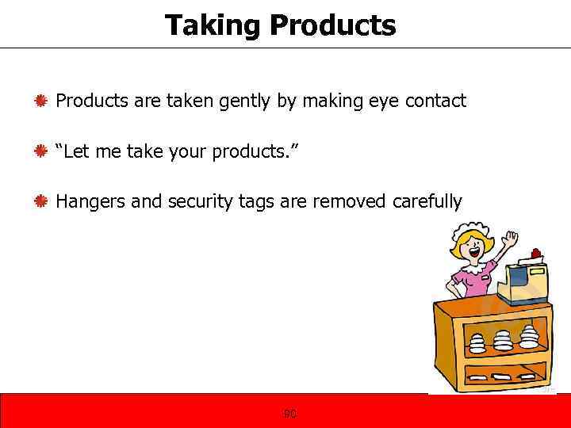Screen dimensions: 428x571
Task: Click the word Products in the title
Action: pos(332,25)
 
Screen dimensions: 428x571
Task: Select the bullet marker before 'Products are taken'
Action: pos(42,101)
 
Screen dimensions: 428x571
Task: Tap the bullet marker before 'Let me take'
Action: pos(42,151)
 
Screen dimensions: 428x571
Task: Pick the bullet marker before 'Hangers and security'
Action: pos(42,202)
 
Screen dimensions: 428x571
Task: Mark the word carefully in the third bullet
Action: pos(427,202)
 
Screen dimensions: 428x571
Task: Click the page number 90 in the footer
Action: pos(290,413)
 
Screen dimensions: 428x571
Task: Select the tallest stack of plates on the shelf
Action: pos(502,339)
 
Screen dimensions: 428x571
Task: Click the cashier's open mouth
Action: pos(474,255)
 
